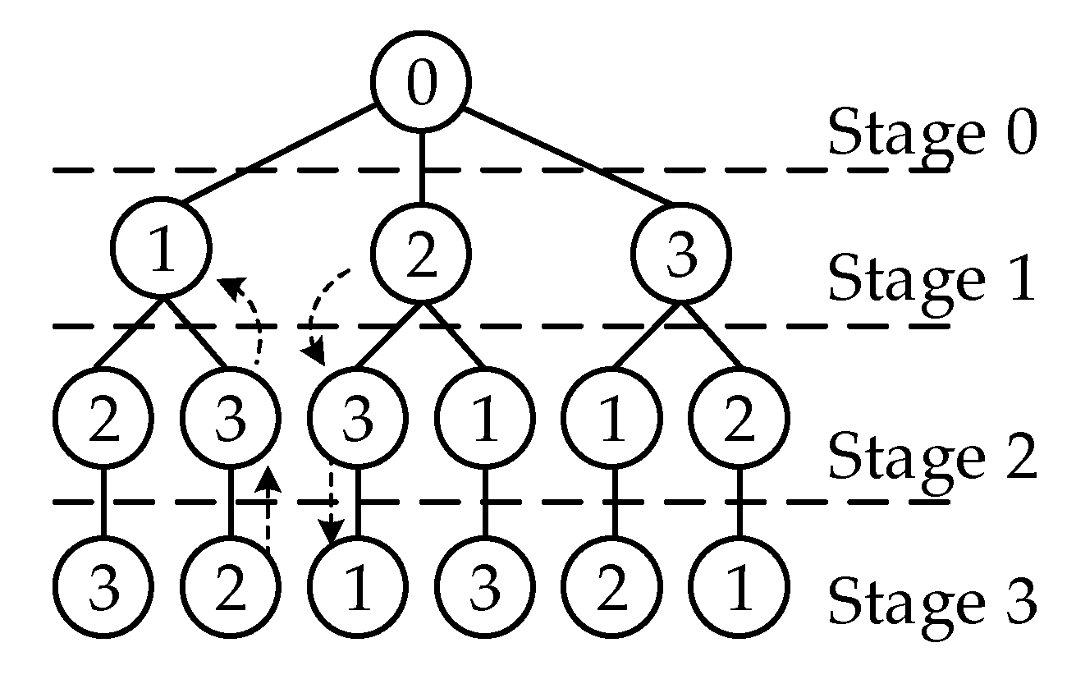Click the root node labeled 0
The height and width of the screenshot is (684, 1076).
click(x=421, y=84)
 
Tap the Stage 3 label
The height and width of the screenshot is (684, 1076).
click(x=932, y=599)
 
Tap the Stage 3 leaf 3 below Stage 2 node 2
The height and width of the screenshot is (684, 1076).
click(x=103, y=588)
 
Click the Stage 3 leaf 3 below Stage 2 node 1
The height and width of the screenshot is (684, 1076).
click(x=485, y=588)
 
